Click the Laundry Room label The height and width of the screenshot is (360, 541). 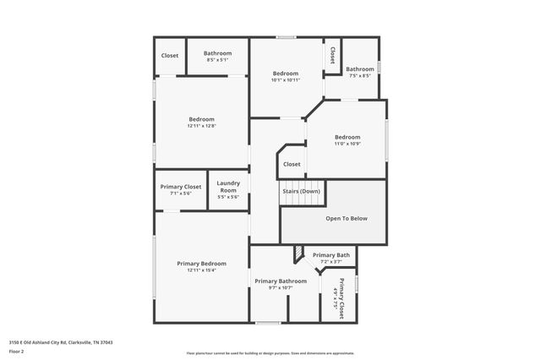(x=228, y=187)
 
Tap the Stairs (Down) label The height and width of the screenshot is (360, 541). (x=302, y=191)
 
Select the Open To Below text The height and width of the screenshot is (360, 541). (x=347, y=218)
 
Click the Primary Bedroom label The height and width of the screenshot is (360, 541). (x=201, y=264)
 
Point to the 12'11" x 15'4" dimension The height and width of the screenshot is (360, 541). (x=201, y=270)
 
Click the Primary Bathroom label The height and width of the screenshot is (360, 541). (x=281, y=281)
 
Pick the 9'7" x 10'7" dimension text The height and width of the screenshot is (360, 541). (x=281, y=287)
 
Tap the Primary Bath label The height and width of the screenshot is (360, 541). (x=331, y=255)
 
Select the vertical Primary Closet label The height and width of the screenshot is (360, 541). (x=342, y=297)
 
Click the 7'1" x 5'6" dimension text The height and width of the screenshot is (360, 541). (x=181, y=194)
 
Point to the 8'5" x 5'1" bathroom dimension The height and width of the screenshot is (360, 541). (x=217, y=60)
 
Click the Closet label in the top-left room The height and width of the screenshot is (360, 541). (x=170, y=56)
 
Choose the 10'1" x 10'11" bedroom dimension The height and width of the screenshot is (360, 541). (x=285, y=80)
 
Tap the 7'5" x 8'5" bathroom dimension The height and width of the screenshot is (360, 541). (x=359, y=76)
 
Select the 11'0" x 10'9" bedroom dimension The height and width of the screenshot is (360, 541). (x=347, y=144)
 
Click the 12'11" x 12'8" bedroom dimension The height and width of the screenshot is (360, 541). (x=201, y=126)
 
